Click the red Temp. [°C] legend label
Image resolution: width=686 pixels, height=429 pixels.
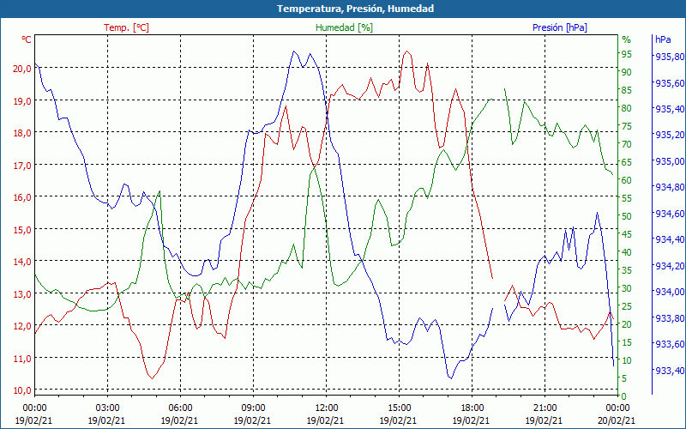pos(126,27)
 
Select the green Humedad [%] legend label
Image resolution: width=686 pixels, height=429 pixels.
pos(344,27)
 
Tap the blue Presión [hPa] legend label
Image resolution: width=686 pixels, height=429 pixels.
pos(560,27)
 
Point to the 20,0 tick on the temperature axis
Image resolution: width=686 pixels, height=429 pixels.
pos(21,68)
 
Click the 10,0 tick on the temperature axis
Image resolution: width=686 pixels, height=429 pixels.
pos(21,390)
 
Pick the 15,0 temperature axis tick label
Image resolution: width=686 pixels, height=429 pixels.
pos(21,229)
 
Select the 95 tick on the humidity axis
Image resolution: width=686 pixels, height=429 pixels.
pos(627,54)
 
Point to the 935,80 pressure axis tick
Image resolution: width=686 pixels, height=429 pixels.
pos(669,57)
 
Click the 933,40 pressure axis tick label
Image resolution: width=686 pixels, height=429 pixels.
pos(669,371)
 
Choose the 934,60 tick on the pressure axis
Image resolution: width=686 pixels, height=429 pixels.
pos(669,214)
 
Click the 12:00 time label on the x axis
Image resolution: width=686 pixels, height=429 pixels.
pos(326,408)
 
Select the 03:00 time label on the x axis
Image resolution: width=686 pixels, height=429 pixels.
pos(107,408)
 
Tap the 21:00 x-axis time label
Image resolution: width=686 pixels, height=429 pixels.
pos(545,408)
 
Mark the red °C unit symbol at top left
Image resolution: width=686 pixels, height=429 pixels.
pos(27,39)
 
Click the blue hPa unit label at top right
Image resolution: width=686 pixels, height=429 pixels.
pos(663,39)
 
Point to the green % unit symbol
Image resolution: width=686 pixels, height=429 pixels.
pos(626,39)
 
